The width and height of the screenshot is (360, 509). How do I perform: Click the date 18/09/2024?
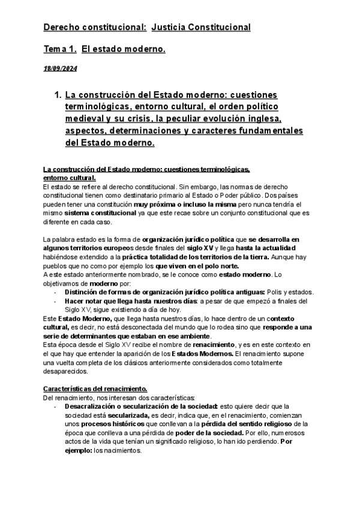[x=60, y=69]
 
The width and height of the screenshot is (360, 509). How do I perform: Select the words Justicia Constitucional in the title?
[x=201, y=28]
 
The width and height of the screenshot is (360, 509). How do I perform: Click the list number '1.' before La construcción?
[x=58, y=95]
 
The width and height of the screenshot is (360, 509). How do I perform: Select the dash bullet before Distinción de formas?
[x=55, y=292]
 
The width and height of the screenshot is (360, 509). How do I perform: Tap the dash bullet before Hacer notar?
[x=55, y=301]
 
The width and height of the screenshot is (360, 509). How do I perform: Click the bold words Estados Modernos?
[x=204, y=354]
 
